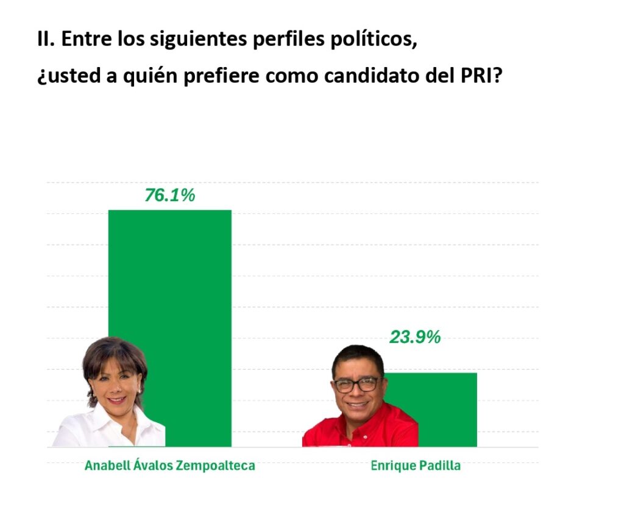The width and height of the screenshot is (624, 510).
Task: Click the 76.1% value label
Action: click(169, 196)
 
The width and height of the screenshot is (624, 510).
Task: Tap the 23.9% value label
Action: click(415, 337)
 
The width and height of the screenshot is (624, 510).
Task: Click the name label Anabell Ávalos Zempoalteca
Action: click(169, 466)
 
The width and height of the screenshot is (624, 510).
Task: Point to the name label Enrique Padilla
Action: click(416, 466)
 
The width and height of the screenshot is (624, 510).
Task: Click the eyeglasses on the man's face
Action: click(356, 385)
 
